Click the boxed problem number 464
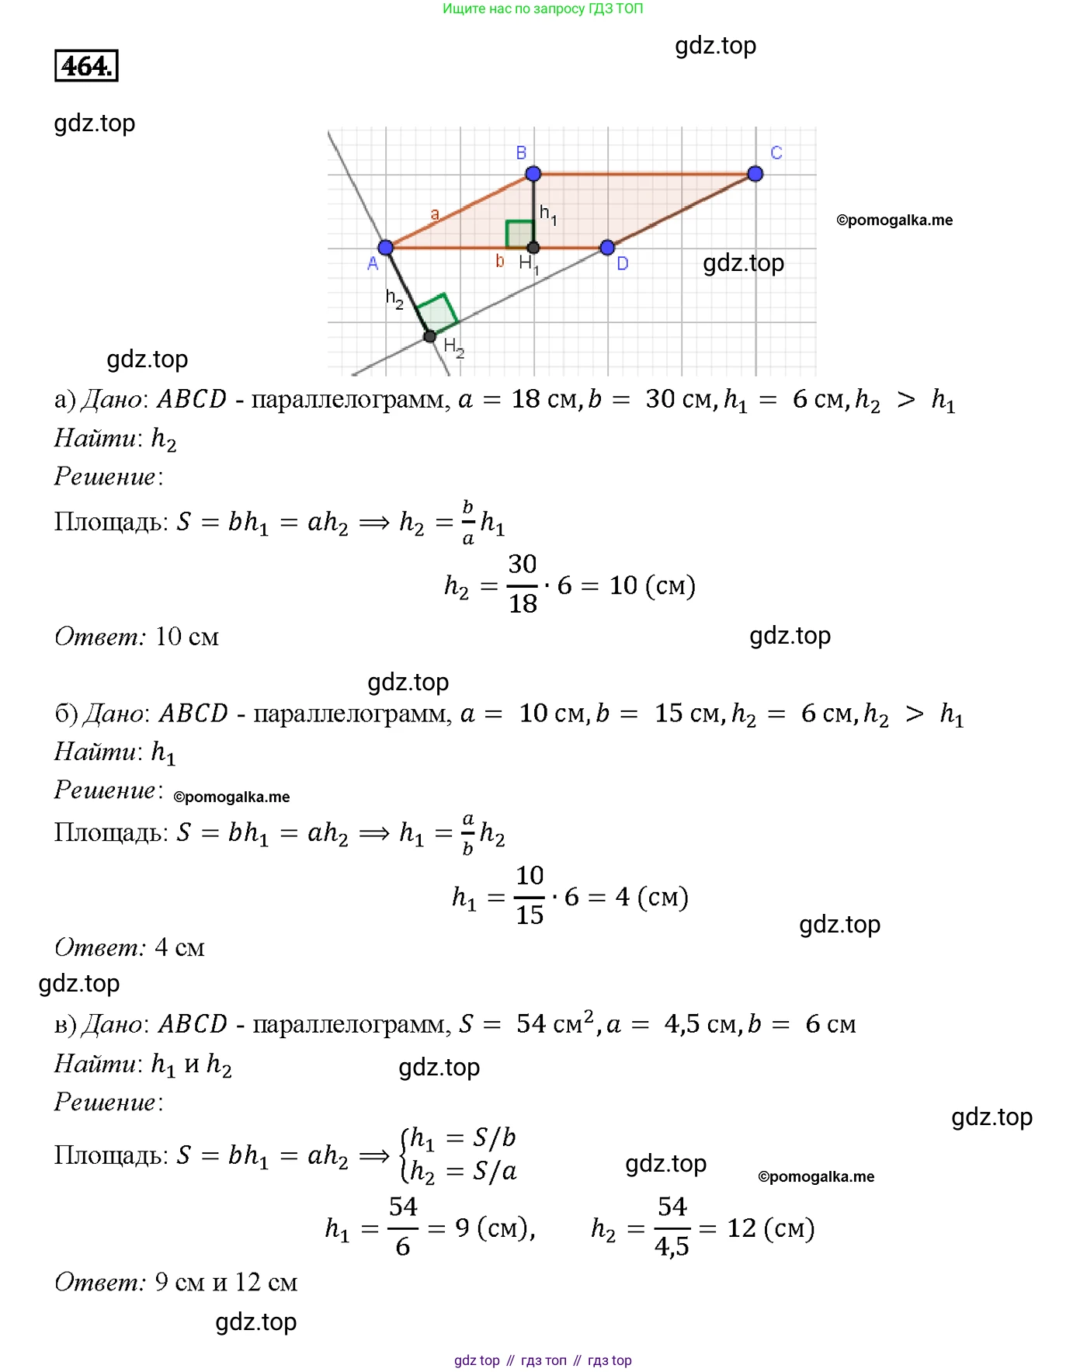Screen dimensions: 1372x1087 [86, 66]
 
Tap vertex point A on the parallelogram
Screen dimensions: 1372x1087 [386, 248]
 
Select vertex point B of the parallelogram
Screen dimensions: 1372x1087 [533, 174]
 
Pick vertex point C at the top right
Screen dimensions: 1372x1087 [755, 174]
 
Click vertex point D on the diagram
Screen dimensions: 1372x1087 [608, 248]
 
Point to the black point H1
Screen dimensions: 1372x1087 [533, 248]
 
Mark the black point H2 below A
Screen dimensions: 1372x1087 [430, 336]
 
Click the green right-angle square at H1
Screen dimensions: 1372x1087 [519, 234]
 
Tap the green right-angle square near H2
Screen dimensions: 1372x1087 [438, 314]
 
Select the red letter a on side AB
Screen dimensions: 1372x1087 [435, 214]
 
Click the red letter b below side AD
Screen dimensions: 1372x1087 [500, 262]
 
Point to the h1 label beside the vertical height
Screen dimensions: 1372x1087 [548, 214]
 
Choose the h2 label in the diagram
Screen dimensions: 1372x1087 [394, 298]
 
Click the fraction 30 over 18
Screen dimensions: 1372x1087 [523, 584]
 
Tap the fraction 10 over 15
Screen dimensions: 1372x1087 [530, 896]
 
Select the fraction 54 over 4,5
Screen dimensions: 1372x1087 [672, 1228]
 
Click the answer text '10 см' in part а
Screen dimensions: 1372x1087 [187, 637]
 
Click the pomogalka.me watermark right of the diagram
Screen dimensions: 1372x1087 [894, 221]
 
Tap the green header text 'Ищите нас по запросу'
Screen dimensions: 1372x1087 [513, 9]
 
